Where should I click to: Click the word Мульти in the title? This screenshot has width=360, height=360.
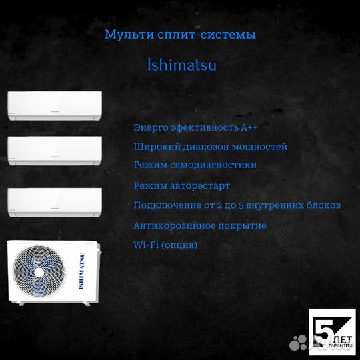129,35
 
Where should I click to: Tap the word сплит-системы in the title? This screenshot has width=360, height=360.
207,35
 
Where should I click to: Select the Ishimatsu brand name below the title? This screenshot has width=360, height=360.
181,65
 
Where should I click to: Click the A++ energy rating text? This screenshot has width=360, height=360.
249,127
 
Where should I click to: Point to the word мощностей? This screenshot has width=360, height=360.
259,147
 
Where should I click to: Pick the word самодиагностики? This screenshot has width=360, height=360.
213,165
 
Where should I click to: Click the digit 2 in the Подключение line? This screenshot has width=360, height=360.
220,205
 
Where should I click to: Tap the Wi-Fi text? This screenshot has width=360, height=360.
146,245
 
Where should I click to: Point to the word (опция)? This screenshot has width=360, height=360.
179,245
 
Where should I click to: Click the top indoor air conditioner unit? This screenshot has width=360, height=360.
55,106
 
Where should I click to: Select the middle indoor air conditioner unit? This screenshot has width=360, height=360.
55,151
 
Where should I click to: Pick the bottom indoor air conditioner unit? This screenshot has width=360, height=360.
55,203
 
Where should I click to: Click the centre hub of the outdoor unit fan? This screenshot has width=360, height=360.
39,272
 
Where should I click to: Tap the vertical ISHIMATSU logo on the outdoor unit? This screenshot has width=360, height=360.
82,271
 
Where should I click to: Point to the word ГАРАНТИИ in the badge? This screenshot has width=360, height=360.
340,345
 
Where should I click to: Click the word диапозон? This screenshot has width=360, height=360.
207,147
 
